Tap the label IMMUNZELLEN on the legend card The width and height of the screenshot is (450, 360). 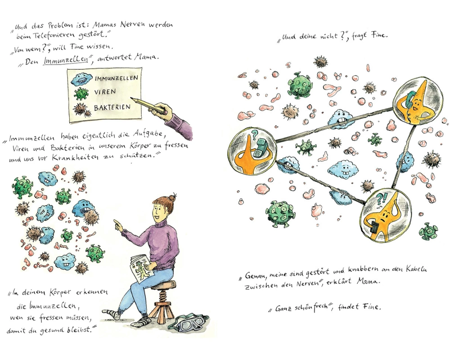[x=116, y=78]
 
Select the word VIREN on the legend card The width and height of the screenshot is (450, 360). [x=105, y=92]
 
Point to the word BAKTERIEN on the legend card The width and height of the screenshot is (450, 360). [x=112, y=108]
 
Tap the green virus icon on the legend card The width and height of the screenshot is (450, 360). [x=81, y=94]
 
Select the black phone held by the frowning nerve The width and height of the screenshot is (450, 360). [x=373, y=227]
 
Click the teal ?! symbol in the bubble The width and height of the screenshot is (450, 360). [x=382, y=198]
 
